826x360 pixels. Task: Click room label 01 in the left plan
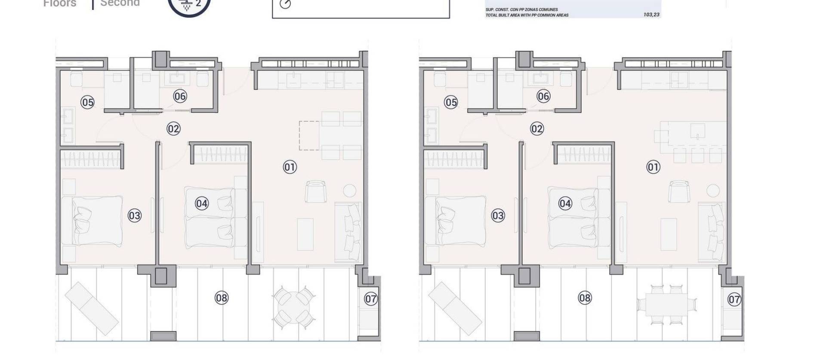(290, 167)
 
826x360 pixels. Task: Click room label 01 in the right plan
(653, 167)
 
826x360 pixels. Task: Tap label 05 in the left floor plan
(87, 102)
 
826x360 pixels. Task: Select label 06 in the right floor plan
(543, 96)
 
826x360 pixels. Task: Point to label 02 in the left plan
(173, 129)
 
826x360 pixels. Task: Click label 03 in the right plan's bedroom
(498, 215)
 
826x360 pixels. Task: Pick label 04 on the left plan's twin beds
(202, 203)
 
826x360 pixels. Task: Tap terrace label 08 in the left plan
(222, 298)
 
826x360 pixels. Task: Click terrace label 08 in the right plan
(585, 298)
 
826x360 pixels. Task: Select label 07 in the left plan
(371, 299)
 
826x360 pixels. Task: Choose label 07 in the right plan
(734, 299)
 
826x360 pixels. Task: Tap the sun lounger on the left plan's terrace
(91, 308)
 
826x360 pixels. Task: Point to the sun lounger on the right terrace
(455, 308)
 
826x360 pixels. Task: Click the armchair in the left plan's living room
(316, 191)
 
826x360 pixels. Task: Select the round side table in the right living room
(713, 191)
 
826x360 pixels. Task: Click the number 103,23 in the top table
(651, 15)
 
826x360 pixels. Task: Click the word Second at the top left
(120, 3)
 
